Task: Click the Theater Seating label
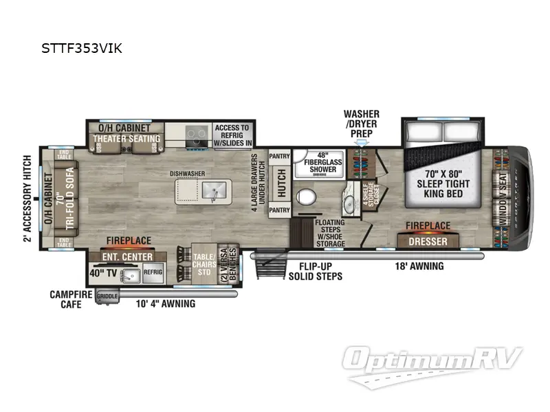[126, 139]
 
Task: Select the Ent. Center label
[124, 257]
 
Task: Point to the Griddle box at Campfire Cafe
[108, 297]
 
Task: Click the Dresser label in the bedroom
[428, 242]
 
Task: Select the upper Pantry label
[280, 157]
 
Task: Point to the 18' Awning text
[419, 266]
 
